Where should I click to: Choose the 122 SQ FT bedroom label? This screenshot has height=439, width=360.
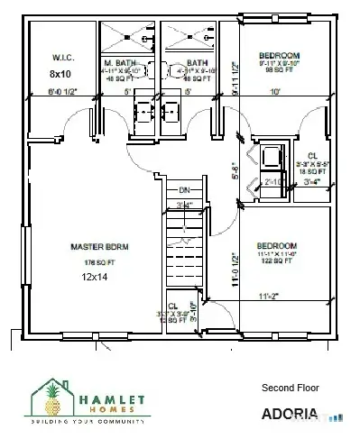[279, 259]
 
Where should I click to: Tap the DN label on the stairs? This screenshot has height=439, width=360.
[184, 190]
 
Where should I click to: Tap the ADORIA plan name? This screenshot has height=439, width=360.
[289, 415]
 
